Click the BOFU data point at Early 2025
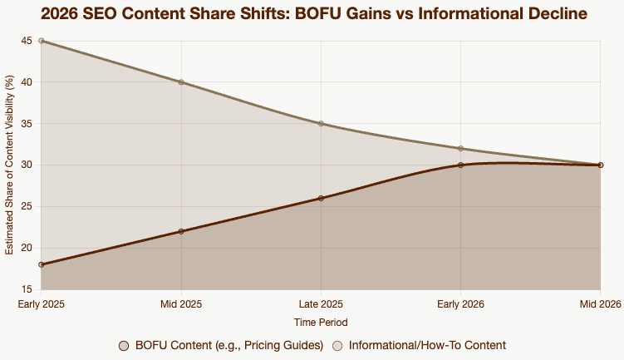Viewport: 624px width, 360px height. click(42, 264)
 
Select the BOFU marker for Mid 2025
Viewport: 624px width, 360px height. click(181, 231)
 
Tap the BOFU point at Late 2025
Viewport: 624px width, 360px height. click(321, 198)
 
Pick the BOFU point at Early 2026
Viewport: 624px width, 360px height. click(460, 165)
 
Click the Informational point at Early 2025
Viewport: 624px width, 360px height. click(42, 41)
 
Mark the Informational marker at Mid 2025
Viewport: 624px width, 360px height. click(181, 82)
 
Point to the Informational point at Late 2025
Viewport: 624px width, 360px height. click(321, 124)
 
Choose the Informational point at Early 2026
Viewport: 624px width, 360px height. click(460, 149)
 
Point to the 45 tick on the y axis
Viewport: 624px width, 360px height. click(27, 41)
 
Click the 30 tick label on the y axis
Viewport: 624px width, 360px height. click(27, 165)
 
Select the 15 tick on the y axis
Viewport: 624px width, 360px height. click(27, 289)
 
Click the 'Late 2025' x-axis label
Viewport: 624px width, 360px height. click(321, 304)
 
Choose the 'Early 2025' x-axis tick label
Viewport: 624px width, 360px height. click(42, 304)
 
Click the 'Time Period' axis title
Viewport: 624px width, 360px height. click(321, 322)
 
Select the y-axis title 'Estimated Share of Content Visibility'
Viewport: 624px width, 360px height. click(10, 165)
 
